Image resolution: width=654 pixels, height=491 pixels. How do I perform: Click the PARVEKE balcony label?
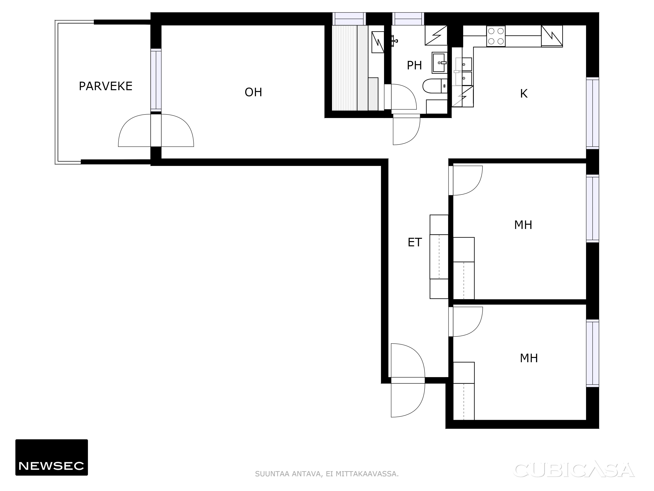point(106,86)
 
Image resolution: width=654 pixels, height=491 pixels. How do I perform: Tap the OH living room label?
point(253,92)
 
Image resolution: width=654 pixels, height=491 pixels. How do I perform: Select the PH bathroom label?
point(414,65)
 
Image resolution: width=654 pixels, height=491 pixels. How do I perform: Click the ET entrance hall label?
point(414,242)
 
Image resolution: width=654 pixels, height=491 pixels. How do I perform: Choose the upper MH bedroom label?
point(523,225)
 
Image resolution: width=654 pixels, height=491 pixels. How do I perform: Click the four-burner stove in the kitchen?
point(496,36)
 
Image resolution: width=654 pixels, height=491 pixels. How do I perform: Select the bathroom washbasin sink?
point(440,63)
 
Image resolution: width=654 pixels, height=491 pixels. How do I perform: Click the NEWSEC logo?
point(52,457)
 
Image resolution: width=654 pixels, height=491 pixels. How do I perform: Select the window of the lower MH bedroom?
point(593,354)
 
